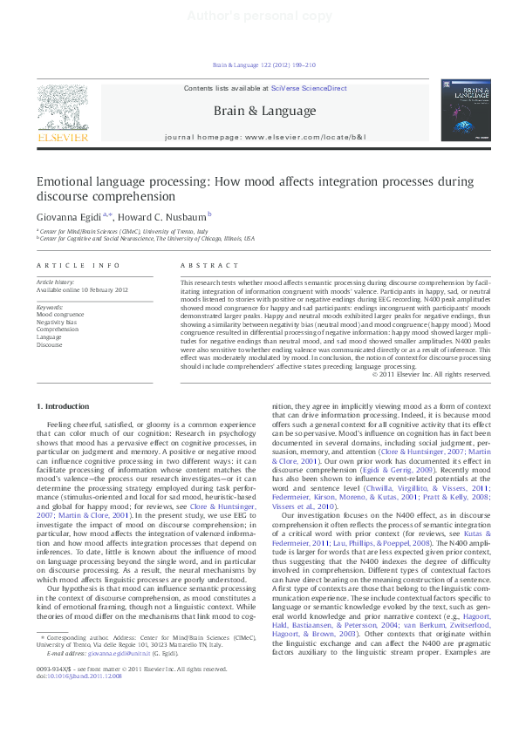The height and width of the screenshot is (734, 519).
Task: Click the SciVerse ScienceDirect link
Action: point(308,89)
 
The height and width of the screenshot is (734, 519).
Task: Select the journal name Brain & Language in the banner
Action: point(264,111)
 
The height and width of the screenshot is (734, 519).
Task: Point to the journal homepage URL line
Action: point(264,138)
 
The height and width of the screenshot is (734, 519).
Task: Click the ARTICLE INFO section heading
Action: point(66,264)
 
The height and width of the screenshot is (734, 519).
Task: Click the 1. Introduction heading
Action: point(63,406)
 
